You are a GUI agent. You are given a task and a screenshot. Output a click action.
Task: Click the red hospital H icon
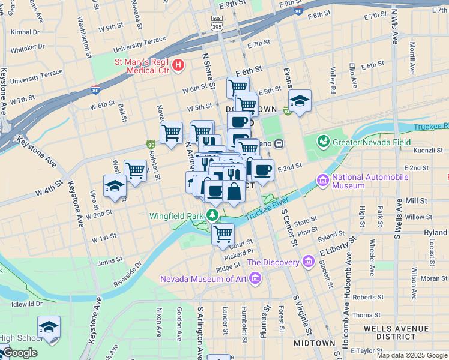(178, 65)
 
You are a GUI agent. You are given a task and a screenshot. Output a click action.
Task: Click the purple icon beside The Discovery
(309, 262)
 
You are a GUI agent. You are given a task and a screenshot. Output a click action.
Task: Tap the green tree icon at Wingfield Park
(212, 215)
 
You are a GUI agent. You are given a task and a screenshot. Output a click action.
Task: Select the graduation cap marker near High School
(49, 328)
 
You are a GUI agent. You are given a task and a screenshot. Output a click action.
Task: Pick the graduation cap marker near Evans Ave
(300, 101)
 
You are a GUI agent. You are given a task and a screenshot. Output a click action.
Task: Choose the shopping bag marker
(234, 191)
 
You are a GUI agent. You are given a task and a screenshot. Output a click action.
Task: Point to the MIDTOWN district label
(314, 343)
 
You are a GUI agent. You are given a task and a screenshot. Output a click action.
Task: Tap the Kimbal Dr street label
(24, 31)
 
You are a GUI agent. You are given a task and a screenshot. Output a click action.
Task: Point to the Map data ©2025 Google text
(411, 355)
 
